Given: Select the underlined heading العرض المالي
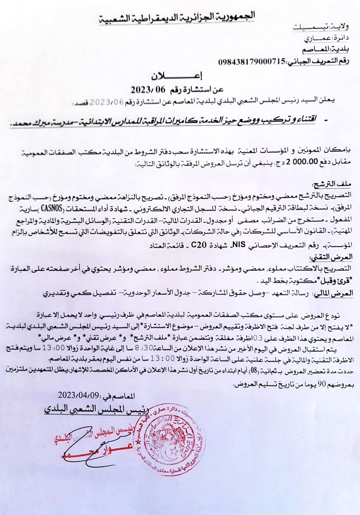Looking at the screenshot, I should (x=331, y=293).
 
